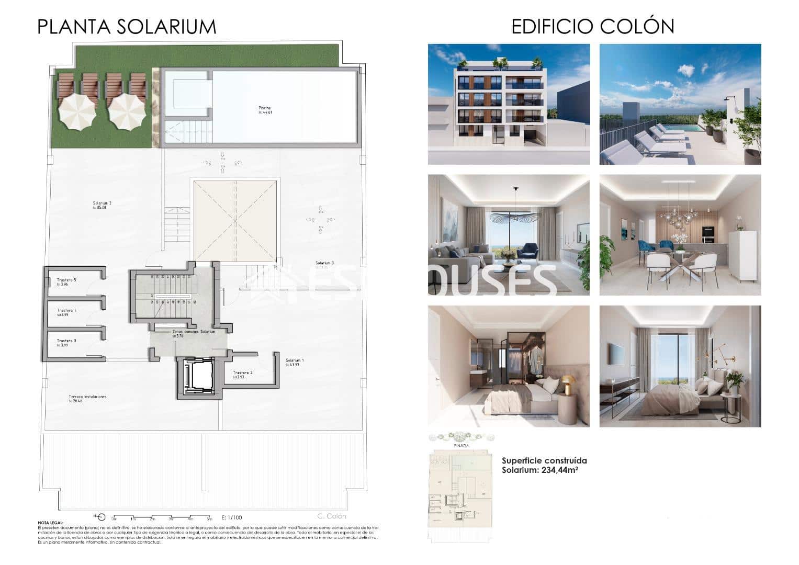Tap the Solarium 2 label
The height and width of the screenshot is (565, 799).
(103, 203)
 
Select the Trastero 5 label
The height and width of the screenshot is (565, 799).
(66, 280)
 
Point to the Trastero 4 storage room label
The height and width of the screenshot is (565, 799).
(67, 311)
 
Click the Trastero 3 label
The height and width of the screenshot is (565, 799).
(66, 341)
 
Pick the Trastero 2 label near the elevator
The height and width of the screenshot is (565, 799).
(243, 373)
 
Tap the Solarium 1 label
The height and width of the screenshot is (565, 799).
(295, 360)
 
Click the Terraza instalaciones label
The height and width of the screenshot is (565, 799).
(87, 397)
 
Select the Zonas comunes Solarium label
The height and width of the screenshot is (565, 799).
(193, 332)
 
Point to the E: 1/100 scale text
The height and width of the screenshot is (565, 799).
(232, 517)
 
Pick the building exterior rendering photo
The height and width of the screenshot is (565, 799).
(509, 104)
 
